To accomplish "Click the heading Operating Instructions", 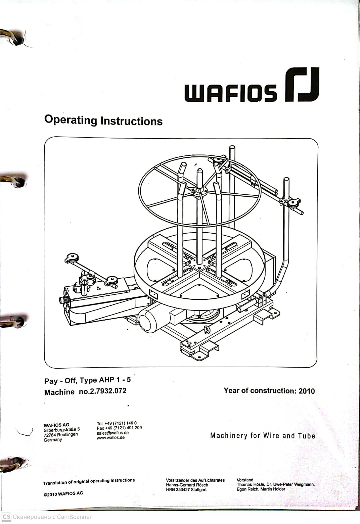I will [103, 120].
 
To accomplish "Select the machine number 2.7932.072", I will [107, 391].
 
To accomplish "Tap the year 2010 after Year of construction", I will [307, 391].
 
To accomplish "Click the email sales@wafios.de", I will [113, 433].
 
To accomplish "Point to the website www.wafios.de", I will [110, 438].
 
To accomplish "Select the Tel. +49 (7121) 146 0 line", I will [117, 423].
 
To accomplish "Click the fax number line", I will [119, 428].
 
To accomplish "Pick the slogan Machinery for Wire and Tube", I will [263, 436].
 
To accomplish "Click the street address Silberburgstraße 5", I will [61, 429].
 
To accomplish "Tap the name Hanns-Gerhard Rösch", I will [187, 485].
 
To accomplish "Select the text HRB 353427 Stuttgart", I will [186, 489].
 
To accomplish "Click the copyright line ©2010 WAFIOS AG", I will [63, 493].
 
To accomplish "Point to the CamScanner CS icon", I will [6, 517].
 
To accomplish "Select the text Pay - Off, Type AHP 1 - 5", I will [87, 381].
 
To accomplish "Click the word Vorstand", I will [245, 480].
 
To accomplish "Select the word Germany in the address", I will [53, 440].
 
